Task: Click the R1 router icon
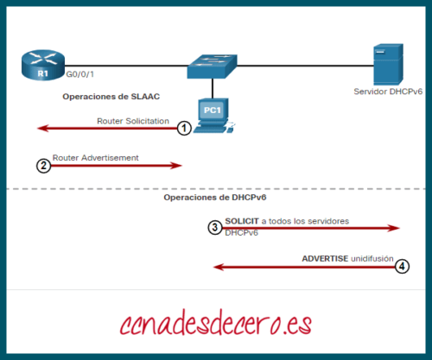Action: [x=42, y=66]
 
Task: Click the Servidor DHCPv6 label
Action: [x=386, y=91]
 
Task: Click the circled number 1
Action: [x=183, y=129]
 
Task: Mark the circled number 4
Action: [x=402, y=268]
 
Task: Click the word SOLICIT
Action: [x=241, y=221]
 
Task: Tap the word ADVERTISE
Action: [x=325, y=258]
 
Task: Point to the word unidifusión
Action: [x=372, y=258]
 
